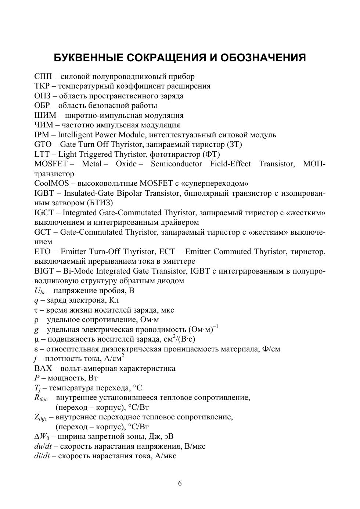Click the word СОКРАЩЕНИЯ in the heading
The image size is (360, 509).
[163, 58]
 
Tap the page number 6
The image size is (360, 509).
[180, 483]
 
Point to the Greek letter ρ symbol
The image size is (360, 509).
[36, 320]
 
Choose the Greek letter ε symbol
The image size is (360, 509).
[36, 349]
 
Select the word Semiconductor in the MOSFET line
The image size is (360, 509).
[176, 164]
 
